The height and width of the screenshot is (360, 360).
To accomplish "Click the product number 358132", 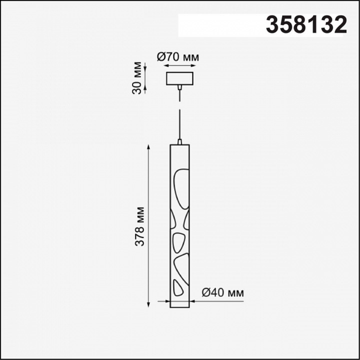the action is coord(306,25).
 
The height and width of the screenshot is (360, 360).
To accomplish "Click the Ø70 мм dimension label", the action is coord(178,57).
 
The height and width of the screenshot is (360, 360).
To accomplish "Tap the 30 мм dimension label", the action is coord(137,78).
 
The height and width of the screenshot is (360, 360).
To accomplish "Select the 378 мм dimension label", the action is coord(139,226).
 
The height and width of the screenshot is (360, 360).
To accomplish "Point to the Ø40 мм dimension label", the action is coord(222,292).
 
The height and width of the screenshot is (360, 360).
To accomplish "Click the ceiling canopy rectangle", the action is coord(179,78).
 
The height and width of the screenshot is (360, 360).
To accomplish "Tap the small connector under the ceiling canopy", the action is coord(179,87).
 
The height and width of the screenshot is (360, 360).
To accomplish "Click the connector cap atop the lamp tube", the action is coord(179,141).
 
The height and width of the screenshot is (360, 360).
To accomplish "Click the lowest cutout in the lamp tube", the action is coord(177,288).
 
